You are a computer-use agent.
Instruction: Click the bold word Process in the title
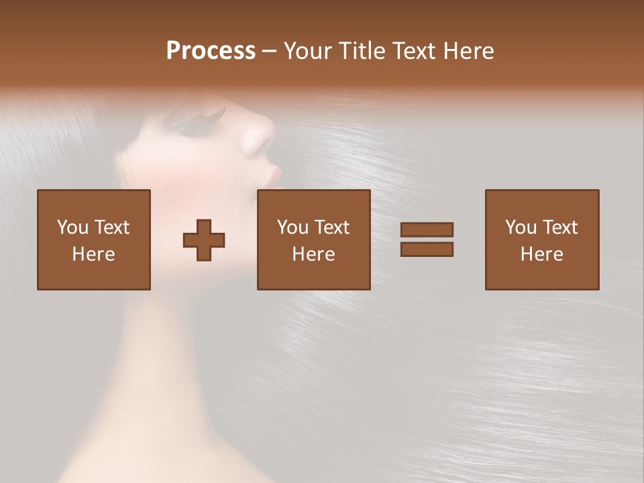(211, 51)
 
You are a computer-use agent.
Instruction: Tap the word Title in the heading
(359, 51)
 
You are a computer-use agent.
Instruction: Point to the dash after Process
(270, 52)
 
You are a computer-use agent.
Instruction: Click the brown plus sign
(204, 240)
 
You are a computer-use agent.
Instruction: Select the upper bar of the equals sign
(427, 229)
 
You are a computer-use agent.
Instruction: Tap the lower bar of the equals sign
(427, 249)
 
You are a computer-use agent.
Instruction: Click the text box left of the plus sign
(94, 239)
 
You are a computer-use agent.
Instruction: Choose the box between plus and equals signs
(314, 239)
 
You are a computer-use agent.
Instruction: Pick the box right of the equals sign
(542, 239)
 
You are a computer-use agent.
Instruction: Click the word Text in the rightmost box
(559, 227)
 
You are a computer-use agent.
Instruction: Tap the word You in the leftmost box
(72, 227)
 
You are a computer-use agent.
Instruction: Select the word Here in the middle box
(314, 254)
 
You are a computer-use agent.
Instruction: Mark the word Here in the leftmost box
(94, 254)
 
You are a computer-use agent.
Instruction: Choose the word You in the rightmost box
(521, 227)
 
